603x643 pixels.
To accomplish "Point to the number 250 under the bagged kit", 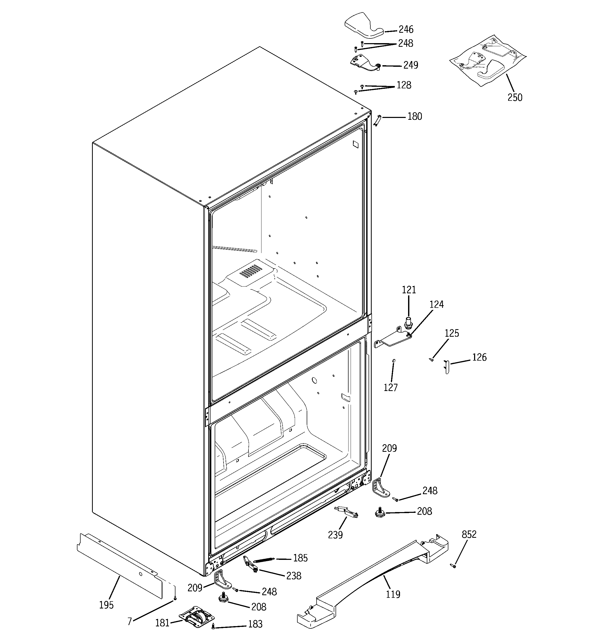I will tap(515, 97).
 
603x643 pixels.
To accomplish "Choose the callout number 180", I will tap(414, 116).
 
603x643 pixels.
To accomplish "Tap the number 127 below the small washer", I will tap(391, 387).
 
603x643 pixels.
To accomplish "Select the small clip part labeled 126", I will tap(447, 367).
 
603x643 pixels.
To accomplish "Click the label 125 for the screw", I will tap(451, 333).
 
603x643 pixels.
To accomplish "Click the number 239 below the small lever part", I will tap(335, 535).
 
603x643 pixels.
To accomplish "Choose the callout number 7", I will tap(129, 622).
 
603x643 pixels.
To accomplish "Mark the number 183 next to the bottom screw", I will tap(255, 624).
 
